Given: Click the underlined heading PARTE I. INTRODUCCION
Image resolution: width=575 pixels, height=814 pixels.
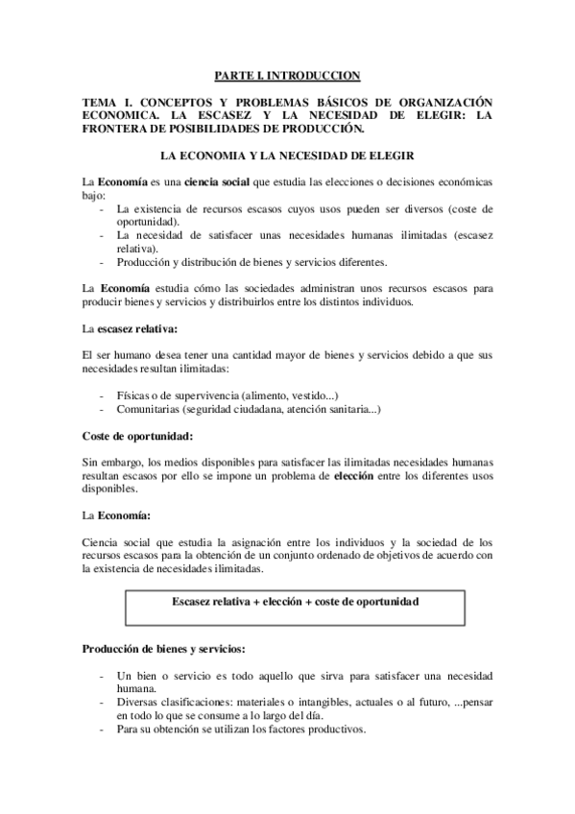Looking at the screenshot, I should [286, 75].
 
